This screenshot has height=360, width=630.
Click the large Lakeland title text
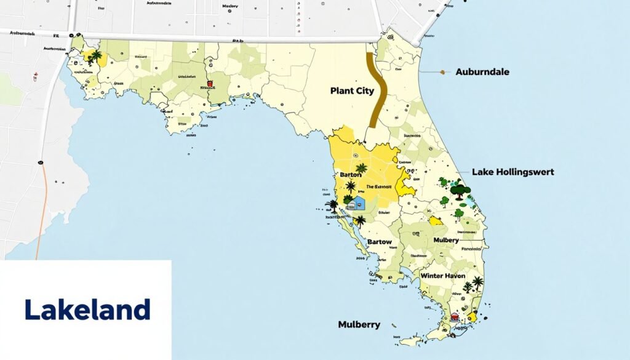pos(87,310)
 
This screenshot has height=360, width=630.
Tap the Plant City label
pos(351,90)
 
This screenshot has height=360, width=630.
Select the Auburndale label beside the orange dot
pos(482,72)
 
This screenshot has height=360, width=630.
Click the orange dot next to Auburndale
pos(442,72)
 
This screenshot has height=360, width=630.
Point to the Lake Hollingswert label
pos(512,172)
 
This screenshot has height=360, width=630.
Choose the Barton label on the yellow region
pos(351,175)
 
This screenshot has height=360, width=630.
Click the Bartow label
pos(379,242)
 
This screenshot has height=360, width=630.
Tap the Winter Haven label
pos(442,276)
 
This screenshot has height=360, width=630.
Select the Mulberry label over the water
pos(359,324)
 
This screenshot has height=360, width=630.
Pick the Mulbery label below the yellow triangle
pos(446,239)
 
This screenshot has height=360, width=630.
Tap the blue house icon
pos(357,204)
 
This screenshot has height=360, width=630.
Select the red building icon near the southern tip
pos(455,316)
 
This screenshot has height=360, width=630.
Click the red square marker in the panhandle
pos(210,84)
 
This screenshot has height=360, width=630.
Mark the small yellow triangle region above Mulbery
pos(436,220)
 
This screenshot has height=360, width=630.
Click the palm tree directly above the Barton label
pos(361,167)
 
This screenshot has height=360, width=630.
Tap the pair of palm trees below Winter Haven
pos(472,284)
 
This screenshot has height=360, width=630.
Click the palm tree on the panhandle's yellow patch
pos(95,57)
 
